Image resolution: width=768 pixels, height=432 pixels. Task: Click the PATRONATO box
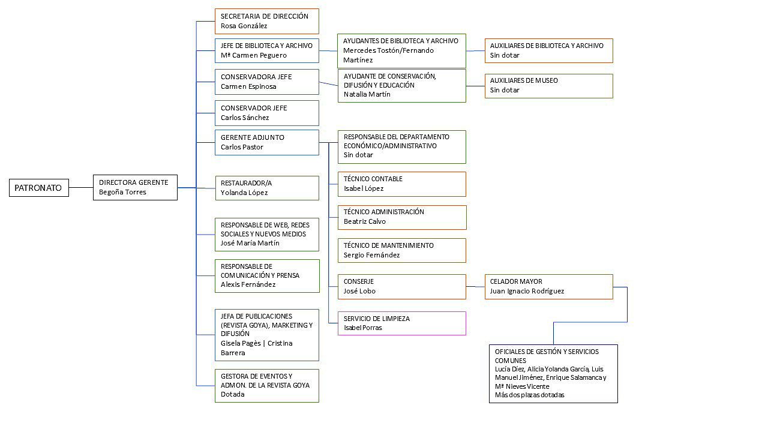38,188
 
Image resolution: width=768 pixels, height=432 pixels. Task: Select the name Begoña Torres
122,192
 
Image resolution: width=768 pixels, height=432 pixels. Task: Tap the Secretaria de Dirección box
266,21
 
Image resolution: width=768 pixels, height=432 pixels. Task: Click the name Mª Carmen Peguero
253,55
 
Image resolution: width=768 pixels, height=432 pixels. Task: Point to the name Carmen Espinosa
248,86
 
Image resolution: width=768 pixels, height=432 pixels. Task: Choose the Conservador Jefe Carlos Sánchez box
266,113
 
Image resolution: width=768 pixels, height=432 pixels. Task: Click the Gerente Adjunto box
266,142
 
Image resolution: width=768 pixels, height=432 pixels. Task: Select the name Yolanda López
244,193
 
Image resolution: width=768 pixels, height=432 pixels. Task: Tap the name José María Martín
250,243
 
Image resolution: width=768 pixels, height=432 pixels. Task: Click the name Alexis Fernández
248,284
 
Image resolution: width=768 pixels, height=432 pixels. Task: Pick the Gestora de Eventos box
266,385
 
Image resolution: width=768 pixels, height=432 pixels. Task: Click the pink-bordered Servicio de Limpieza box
401,323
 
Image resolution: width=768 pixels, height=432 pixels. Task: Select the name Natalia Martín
367,94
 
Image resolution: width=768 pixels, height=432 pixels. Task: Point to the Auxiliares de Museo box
548,86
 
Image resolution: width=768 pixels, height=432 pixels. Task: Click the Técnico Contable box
401,184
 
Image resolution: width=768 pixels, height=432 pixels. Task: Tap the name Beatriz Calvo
365,221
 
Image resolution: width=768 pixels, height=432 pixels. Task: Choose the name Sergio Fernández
371,255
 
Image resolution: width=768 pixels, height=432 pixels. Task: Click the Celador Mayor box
548,286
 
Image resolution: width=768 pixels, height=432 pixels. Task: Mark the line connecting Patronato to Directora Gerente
81,188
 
